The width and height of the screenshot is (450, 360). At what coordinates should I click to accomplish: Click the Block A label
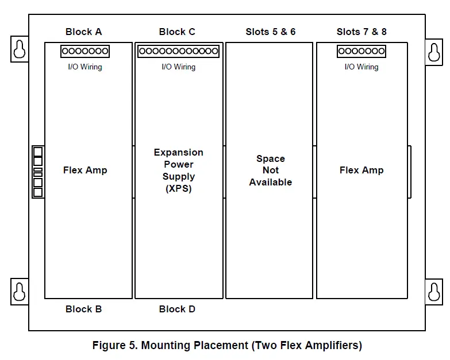[x=83, y=32]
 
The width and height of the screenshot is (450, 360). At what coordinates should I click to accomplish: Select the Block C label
[x=177, y=32]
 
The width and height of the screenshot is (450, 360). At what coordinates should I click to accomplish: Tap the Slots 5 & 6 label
[x=270, y=32]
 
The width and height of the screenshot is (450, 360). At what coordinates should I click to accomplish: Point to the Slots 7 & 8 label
[x=361, y=32]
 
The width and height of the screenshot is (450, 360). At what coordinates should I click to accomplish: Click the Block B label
[x=83, y=309]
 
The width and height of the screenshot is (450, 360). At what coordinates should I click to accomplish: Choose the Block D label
[x=177, y=309]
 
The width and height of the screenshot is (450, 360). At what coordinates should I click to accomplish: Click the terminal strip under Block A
[x=85, y=52]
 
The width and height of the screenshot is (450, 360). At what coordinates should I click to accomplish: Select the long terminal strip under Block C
[x=178, y=52]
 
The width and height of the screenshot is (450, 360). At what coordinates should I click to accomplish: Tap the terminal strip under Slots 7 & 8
[x=361, y=52]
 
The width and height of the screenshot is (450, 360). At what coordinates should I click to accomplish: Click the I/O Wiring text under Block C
[x=178, y=67]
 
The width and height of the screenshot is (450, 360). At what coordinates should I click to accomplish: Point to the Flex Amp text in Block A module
[x=85, y=170]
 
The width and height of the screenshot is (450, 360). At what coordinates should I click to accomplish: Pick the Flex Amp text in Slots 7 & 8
[x=361, y=170]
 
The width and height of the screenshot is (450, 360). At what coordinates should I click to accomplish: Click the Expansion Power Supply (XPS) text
[x=178, y=171]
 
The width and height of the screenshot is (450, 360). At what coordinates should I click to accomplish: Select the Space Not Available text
[x=270, y=171]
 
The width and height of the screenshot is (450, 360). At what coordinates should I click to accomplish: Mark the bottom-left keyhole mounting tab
[x=20, y=291]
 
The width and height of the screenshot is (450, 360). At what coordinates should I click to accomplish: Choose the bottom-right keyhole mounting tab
[x=434, y=292]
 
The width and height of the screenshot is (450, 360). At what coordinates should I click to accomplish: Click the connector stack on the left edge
[x=38, y=171]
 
